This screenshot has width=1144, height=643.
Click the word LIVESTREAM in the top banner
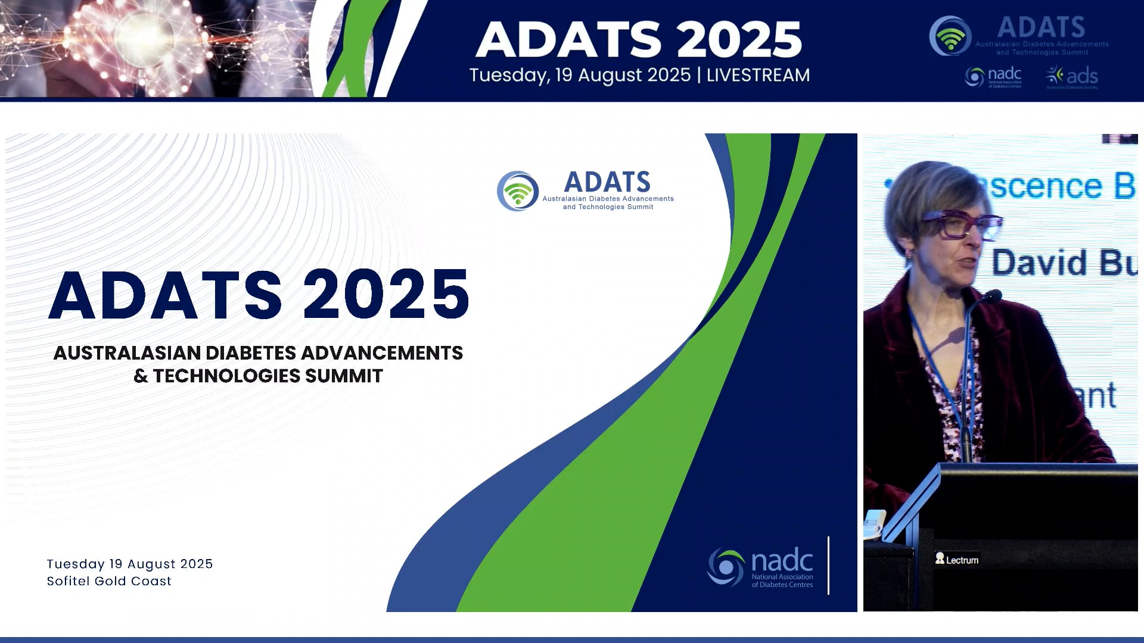pos(758,75)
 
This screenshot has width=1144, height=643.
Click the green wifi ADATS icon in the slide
pos(518,191)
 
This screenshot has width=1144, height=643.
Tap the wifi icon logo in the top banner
pos(950,36)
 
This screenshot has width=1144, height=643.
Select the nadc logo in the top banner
pos(993,77)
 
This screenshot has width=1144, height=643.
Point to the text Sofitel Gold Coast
pos(109,581)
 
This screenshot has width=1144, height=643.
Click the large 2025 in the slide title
pos(386,295)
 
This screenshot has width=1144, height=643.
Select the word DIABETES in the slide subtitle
pos(251,353)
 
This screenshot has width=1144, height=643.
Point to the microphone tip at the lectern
pos(993,294)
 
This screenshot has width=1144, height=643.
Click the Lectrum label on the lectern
pos(958,560)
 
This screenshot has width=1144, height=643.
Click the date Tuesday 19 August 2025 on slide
pos(130,564)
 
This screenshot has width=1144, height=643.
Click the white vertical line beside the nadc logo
pos(828,565)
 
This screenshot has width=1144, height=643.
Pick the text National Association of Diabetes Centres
pos(782,580)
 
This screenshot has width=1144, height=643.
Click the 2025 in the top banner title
pos(739,40)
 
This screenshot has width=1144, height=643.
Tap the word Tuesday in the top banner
pos(508,76)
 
